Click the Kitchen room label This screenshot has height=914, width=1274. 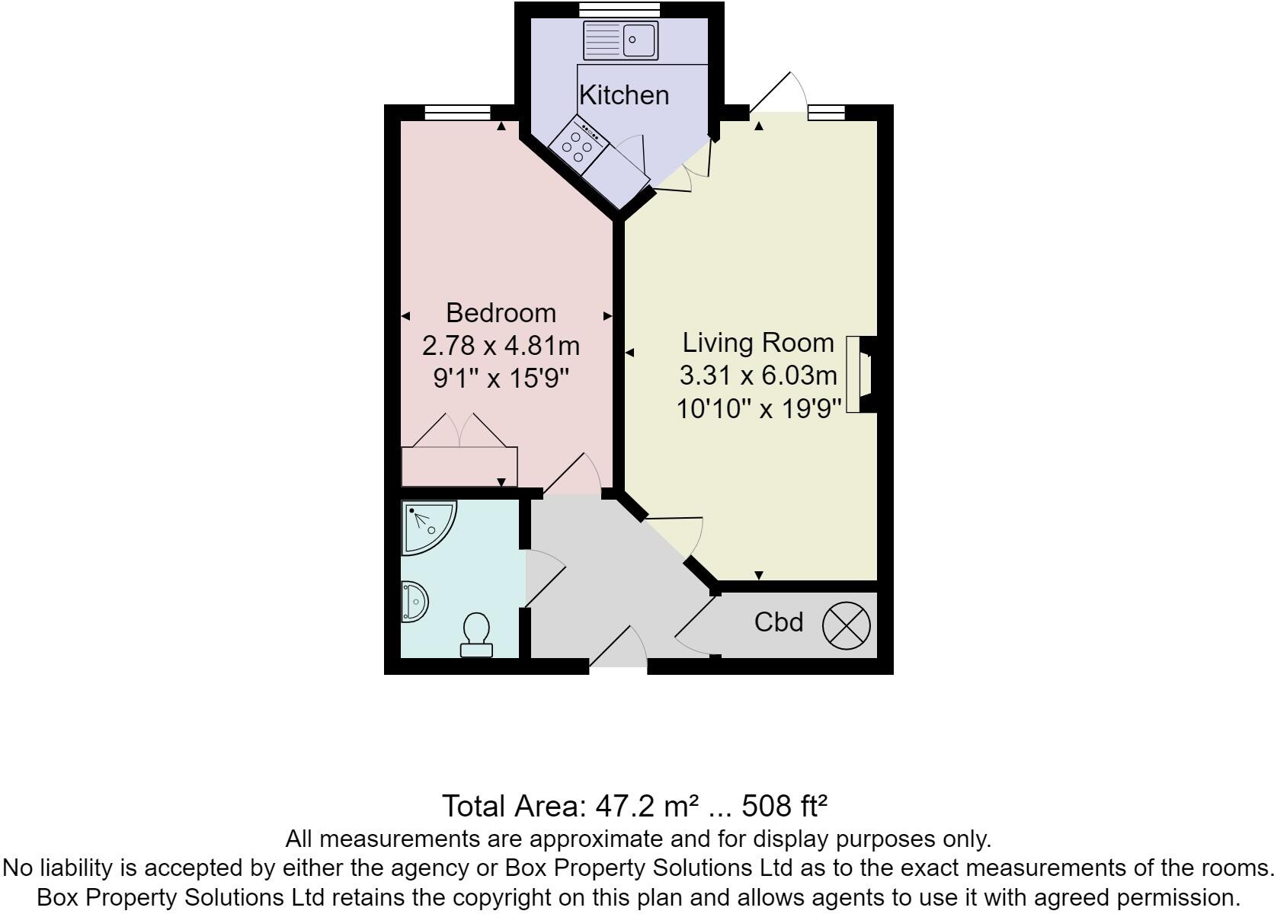pos(624,95)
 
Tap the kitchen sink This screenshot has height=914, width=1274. pos(619,40)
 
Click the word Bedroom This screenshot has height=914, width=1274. pos(501,313)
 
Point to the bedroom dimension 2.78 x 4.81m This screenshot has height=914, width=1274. pos(501,346)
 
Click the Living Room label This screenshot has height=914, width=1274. pos(758,343)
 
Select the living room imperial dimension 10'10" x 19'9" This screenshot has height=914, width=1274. pos(758,409)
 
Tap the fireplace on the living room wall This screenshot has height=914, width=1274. pos(861,375)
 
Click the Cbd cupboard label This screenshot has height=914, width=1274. pos(779,622)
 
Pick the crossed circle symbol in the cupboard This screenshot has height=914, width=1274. pos(846,625)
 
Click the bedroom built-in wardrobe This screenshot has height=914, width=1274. pos(459,466)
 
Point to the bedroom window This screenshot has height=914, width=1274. pos(457,113)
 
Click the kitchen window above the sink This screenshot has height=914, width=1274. pos(619,9)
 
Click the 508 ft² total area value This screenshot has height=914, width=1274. pos(784,805)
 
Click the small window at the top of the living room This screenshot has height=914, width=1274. pos(826,113)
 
